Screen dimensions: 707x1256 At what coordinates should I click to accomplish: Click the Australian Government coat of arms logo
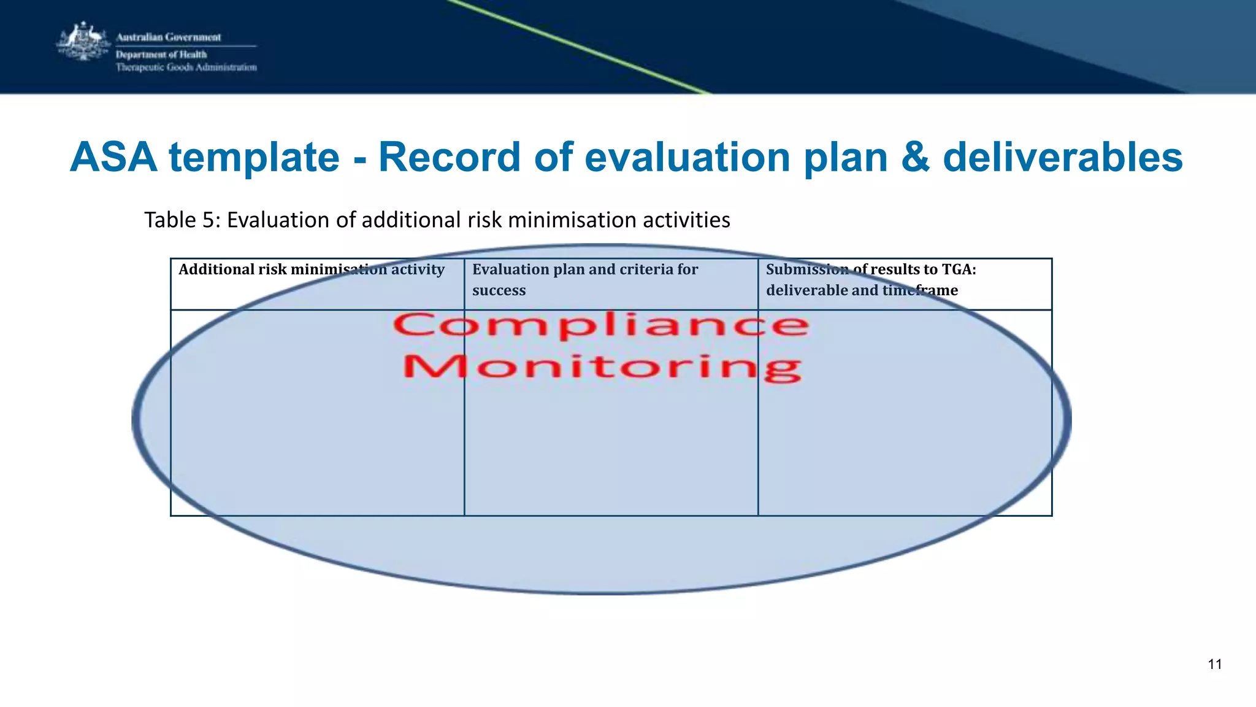(82, 42)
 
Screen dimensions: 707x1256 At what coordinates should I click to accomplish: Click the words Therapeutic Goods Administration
(186, 68)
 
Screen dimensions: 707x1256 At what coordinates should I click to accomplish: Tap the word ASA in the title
(113, 157)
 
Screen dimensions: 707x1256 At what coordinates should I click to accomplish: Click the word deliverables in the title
(1062, 157)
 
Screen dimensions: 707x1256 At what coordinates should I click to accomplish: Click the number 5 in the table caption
(208, 220)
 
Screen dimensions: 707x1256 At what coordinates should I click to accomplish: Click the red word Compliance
(601, 325)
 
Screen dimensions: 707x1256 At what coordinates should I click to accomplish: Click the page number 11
(1214, 664)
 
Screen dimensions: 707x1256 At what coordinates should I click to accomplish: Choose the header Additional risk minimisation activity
(311, 269)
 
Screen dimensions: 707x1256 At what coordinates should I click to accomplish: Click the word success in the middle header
(499, 290)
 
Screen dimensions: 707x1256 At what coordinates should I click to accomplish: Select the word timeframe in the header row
(920, 290)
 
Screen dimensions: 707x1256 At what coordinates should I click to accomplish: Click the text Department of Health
(161, 55)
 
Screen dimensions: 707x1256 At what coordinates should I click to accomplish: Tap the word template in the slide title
(254, 157)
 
